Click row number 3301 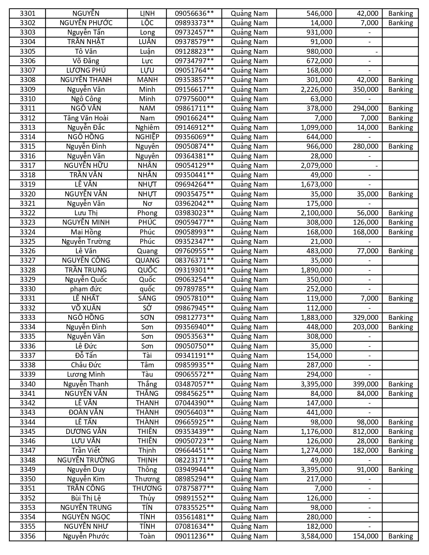pyautogui.click(x=27, y=13)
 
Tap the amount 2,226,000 pyautogui.click(x=316, y=89)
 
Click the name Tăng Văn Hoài pyautogui.click(x=86, y=118)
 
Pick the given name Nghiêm pyautogui.click(x=147, y=127)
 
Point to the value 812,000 pyautogui.click(x=365, y=432)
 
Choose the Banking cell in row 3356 pyautogui.click(x=400, y=536)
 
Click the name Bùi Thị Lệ pyautogui.click(x=86, y=498)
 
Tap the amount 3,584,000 pyautogui.click(x=316, y=536)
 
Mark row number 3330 pyautogui.click(x=27, y=289)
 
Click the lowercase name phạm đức pyautogui.click(x=86, y=289)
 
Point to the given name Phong pyautogui.click(x=147, y=213)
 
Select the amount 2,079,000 pyautogui.click(x=316, y=165)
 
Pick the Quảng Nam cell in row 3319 pyautogui.click(x=249, y=184)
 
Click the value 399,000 pyautogui.click(x=365, y=384)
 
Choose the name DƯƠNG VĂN pyautogui.click(x=86, y=432)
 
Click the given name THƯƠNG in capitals pyautogui.click(x=147, y=488)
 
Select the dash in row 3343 pyautogui.click(x=369, y=412)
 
